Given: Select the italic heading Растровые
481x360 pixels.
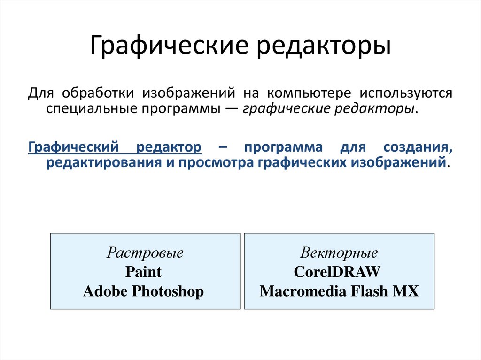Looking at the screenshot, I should pos(145,253).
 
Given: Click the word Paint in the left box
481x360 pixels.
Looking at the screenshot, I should pos(143,272).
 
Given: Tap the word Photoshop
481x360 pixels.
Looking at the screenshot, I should pos(168,291).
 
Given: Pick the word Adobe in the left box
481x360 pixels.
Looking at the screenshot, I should pos(105,291).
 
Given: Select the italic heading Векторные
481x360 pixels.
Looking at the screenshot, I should pos(339,253).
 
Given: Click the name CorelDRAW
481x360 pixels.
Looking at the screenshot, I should pos(337,272).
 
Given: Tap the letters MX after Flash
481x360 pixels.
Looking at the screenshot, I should pos(406,291).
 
